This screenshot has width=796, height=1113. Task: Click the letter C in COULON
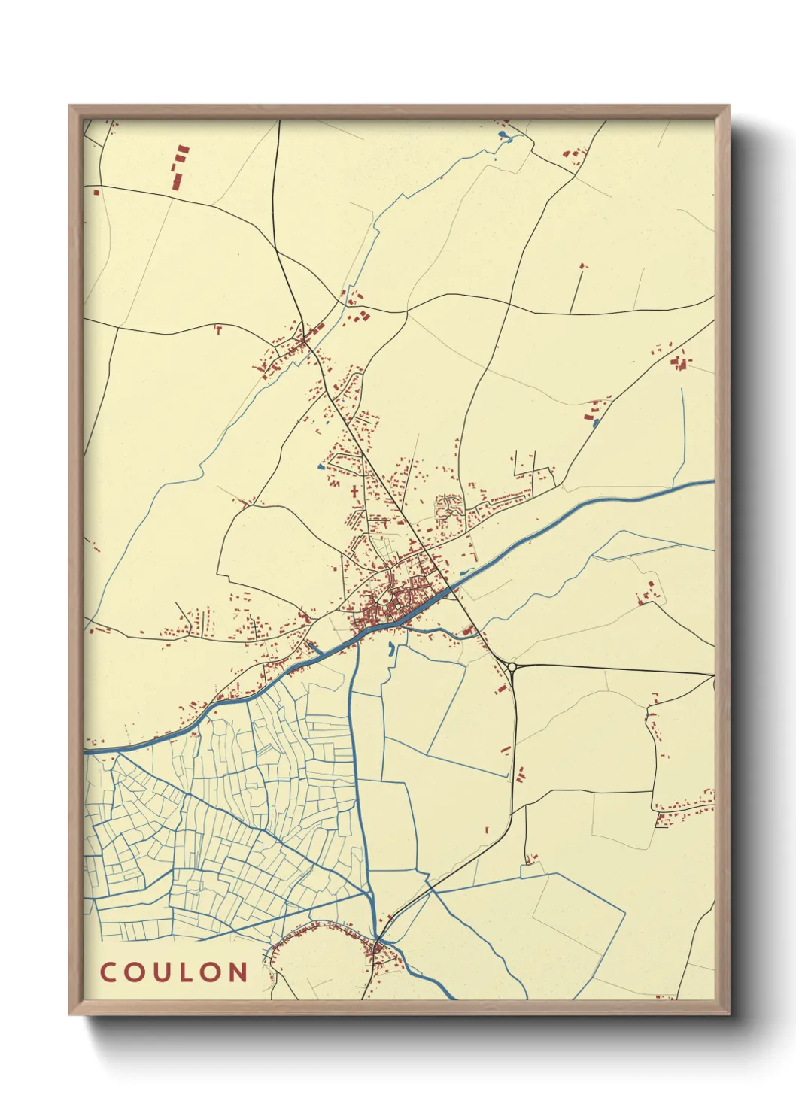pos(108,972)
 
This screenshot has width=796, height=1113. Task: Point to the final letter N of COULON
pos(238,972)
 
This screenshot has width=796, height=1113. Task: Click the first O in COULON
pos(133,972)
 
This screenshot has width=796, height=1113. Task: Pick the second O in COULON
pos(211,972)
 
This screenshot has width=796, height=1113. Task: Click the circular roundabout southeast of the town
pos(512,666)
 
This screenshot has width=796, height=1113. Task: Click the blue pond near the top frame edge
pos(503,136)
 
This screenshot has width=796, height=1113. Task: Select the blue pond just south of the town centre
pos(390,649)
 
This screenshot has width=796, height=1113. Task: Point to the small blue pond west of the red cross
pos(321,467)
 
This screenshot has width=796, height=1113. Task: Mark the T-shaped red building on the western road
pos(218,329)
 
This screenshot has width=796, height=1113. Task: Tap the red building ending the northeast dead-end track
pos(582,265)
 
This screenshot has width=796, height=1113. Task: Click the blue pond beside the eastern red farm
pos(596,423)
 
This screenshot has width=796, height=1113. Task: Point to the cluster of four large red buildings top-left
pos(180,167)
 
